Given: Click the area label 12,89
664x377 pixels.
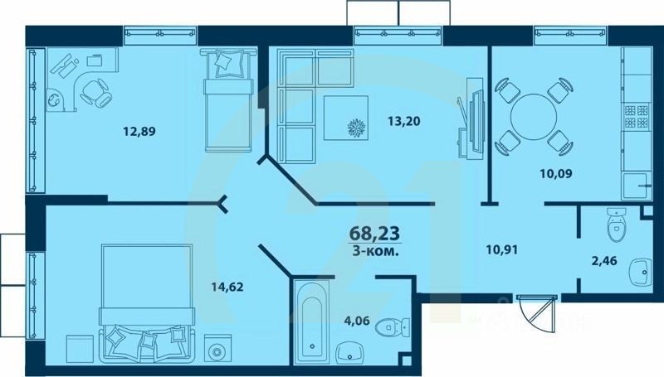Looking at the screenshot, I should (139, 130).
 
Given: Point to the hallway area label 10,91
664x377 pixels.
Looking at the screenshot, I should (502, 246).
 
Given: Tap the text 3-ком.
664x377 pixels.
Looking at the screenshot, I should (375, 251).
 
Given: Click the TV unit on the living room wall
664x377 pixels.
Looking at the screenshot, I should (474, 116).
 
